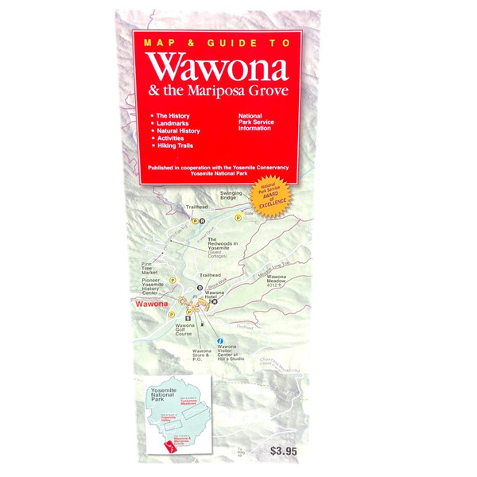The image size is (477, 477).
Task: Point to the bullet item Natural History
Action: coord(178,130)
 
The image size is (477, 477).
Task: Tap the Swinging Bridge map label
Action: coord(231,196)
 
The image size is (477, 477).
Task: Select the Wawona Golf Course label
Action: coord(186,330)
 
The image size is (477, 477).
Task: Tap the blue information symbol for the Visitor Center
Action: coord(219,340)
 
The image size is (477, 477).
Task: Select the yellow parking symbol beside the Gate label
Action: coord(237,217)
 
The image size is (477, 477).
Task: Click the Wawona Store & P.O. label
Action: coord(202,355)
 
